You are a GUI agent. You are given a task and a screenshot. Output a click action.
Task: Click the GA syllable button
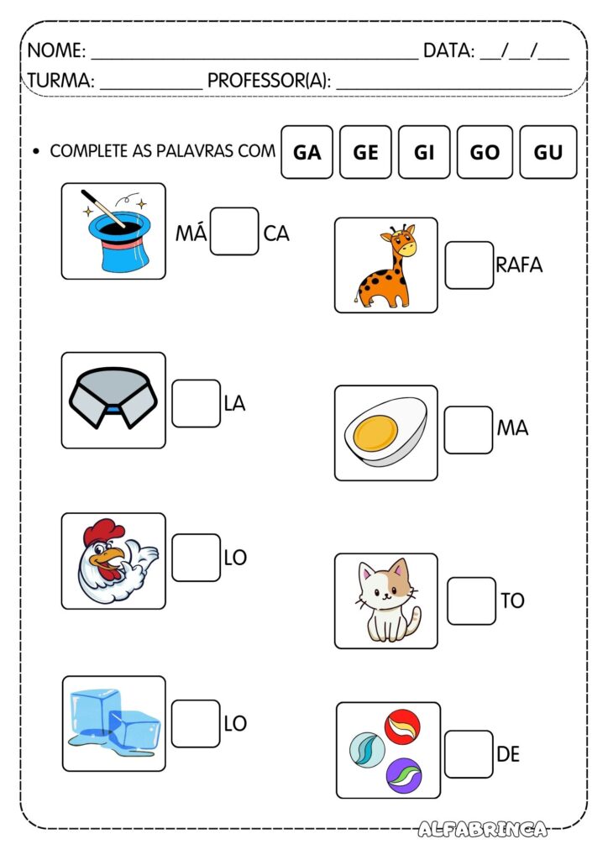pos(307,152)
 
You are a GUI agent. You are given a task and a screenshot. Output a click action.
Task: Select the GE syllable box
pos(365,152)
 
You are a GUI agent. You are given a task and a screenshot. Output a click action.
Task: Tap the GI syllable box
pos(424,152)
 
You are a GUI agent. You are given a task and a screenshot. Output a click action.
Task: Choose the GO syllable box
pos(485,152)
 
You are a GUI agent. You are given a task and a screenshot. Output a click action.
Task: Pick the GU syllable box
pos(548,152)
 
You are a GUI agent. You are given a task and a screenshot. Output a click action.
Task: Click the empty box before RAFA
pos(469,265)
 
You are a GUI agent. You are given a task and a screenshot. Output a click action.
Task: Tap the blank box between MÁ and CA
pos(234,232)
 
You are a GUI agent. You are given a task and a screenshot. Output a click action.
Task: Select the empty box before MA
pos(469,429)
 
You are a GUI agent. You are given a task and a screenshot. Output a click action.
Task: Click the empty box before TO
pos(471,600)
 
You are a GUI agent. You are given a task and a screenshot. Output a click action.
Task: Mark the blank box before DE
pos(469,753)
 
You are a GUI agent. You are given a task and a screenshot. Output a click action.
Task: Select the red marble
pos(402,725)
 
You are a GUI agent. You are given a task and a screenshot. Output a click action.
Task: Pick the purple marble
pos(403,774)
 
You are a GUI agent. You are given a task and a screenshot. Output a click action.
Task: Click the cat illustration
pos(387,600)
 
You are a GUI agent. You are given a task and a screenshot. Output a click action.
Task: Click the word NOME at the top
pos(55,50)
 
